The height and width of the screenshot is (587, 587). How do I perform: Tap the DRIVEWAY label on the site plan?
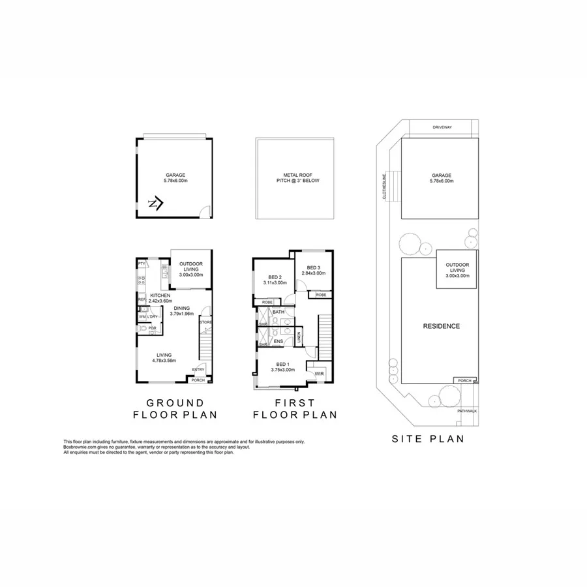click(442, 127)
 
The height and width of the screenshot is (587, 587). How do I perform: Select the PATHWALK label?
click(467, 411)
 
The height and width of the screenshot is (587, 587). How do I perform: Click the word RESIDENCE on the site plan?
click(442, 326)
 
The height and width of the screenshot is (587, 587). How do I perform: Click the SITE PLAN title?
click(428, 439)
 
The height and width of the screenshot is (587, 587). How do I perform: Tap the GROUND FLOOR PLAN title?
click(175, 408)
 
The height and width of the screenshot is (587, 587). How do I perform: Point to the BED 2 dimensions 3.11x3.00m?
click(275, 283)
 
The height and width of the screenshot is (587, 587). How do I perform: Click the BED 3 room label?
click(314, 267)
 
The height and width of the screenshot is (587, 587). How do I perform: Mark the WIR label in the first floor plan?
click(319, 374)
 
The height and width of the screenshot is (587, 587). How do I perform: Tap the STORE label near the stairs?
click(205, 322)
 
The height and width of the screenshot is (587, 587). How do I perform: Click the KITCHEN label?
click(160, 295)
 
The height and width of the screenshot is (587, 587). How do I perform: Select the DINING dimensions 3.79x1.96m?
click(183, 314)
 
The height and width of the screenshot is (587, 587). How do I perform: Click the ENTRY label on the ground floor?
click(198, 370)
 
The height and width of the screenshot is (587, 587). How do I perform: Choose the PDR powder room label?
click(152, 328)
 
